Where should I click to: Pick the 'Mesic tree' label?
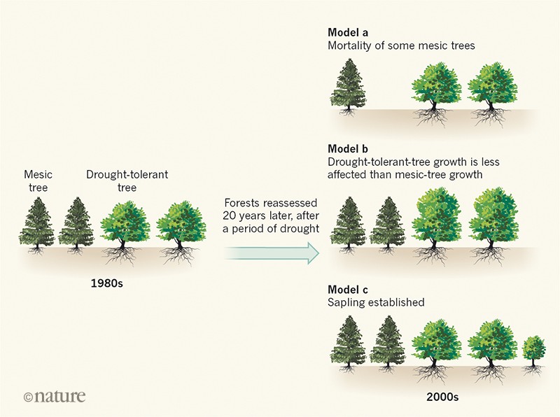pyautogui.click(x=38, y=180)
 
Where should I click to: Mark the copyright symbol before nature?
pyautogui.click(x=28, y=397)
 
